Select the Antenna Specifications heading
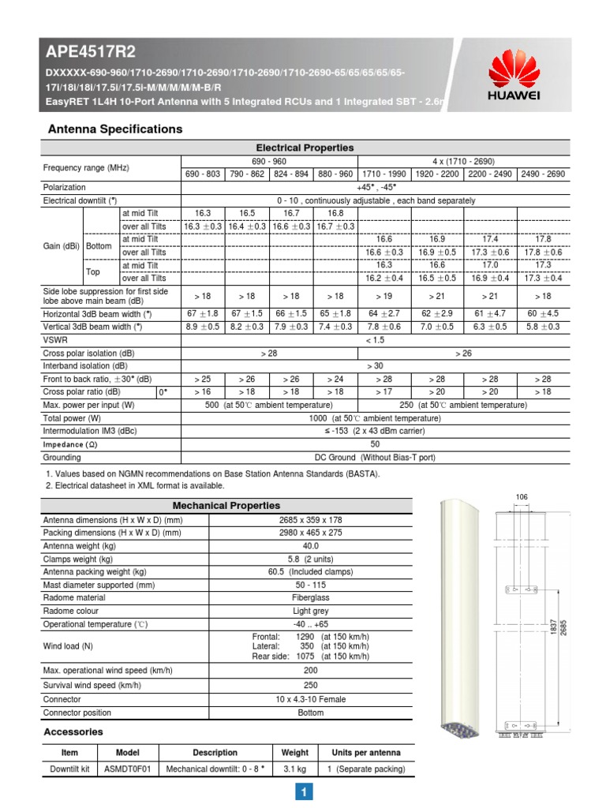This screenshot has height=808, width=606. [x=115, y=129]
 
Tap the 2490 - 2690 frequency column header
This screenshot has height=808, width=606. [x=543, y=174]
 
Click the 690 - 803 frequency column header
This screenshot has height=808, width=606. [x=204, y=174]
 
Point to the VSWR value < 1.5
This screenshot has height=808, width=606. [x=376, y=339]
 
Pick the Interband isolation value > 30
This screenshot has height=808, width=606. [x=376, y=366]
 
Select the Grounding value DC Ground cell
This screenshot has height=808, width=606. [x=376, y=458]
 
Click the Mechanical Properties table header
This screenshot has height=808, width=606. [x=226, y=505]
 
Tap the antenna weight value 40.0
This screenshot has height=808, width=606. [x=311, y=546]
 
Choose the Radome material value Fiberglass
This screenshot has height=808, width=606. [x=311, y=597]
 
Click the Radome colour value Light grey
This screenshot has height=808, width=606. [x=311, y=611]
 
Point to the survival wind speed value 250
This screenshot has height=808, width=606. [x=311, y=686]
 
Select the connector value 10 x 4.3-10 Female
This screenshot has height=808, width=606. [x=311, y=699]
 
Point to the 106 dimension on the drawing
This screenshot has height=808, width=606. [x=521, y=496]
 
